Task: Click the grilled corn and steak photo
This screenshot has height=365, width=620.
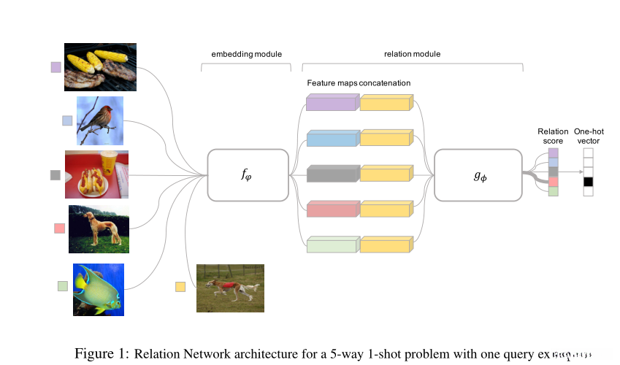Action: click(100, 67)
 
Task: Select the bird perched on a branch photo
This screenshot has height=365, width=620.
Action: click(100, 120)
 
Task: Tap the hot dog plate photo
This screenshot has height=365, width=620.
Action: click(97, 174)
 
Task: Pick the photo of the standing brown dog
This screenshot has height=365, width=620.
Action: click(99, 228)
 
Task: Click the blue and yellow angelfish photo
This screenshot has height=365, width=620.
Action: click(98, 289)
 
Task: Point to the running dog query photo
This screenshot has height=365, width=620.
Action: click(230, 288)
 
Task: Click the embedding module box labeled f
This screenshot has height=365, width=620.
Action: click(248, 175)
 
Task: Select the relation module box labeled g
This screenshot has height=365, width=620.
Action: click(478, 175)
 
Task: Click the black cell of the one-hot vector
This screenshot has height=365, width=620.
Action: click(589, 181)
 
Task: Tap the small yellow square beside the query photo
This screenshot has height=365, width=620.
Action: click(180, 286)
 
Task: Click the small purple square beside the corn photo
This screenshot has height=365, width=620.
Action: click(56, 67)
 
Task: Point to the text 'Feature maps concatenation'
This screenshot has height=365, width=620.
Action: click(359, 83)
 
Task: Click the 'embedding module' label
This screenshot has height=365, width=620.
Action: click(246, 54)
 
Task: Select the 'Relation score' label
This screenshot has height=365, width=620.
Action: click(552, 136)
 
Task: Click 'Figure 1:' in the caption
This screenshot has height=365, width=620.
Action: click(102, 353)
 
